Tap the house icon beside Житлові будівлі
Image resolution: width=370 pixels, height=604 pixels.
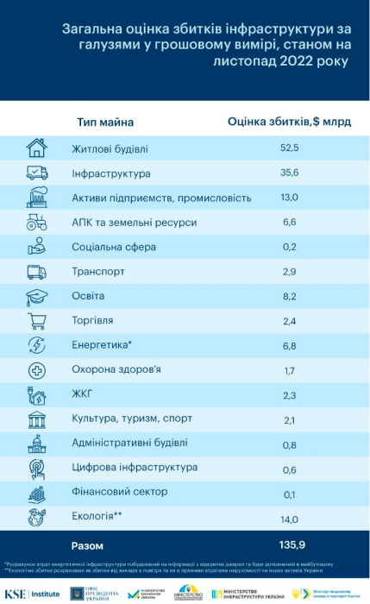click(37, 148)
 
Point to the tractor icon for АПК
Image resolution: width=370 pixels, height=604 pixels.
click(37, 223)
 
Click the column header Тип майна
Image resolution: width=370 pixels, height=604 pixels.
click(105, 123)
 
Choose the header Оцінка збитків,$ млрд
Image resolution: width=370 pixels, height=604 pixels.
click(289, 123)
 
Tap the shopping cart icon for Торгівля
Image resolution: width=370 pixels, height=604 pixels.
click(37, 322)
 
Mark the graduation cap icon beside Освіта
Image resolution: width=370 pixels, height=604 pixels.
click(37, 297)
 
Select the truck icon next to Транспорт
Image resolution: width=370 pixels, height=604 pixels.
click(37, 272)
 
